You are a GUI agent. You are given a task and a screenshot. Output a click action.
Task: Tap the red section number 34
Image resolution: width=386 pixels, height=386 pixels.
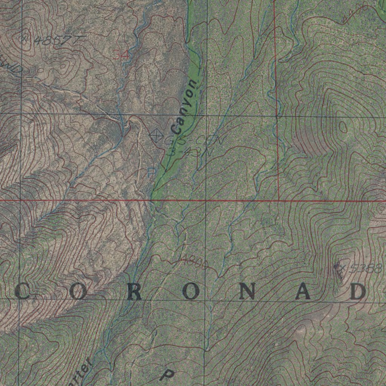[121, 55]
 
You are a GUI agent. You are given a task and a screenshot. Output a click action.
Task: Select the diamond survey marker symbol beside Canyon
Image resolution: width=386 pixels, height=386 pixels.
[156, 135]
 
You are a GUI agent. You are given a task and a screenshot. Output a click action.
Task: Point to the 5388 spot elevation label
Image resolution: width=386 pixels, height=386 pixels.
[364, 268]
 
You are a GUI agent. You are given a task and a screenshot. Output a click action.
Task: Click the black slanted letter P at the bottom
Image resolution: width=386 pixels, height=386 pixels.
[167, 374]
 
